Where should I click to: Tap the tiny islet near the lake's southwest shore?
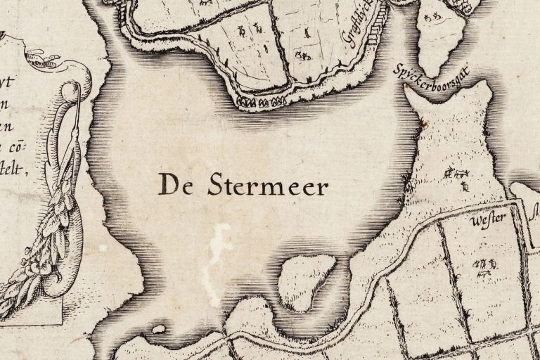pyautogui.click(x=159, y=328)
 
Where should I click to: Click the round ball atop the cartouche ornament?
pyautogui.click(x=70, y=89)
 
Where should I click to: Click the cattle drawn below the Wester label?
pyautogui.click(x=487, y=264)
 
